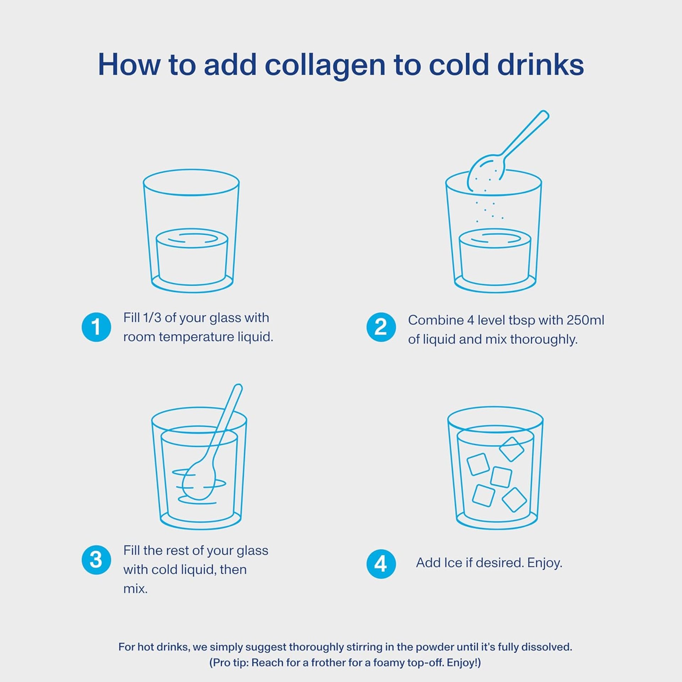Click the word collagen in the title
pos(325,66)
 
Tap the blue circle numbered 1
pos(96,327)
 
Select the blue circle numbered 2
pos(381,327)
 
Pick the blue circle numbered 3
pos(96,560)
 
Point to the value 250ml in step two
pos(585,320)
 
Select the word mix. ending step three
pos(135,589)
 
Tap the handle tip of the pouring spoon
pos(544,115)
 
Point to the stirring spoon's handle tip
pos(238,388)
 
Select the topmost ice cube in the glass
pos(511,449)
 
